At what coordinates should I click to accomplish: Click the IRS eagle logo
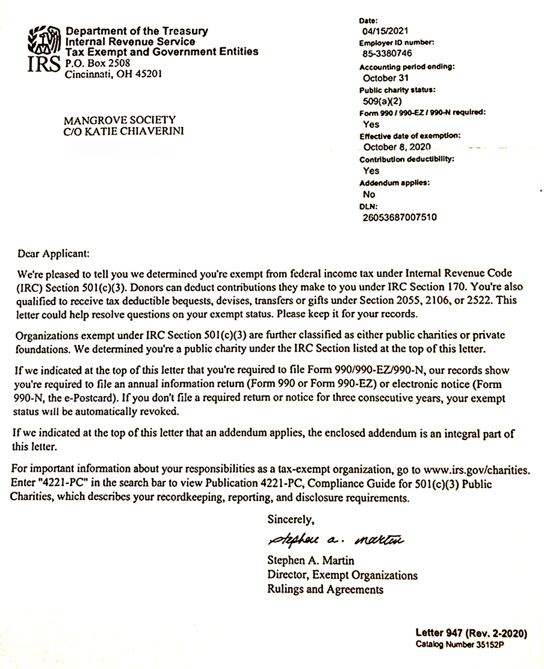pyautogui.click(x=43, y=48)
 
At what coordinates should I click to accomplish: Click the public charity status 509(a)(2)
pyautogui.click(x=380, y=101)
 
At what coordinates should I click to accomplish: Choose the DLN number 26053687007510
pyautogui.click(x=400, y=217)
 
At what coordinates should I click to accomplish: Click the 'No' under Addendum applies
pyautogui.click(x=369, y=194)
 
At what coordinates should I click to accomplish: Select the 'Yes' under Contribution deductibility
pyautogui.click(x=371, y=171)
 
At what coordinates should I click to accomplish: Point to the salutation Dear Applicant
pyautogui.click(x=54, y=254)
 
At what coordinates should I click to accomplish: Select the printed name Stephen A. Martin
pyautogui.click(x=311, y=561)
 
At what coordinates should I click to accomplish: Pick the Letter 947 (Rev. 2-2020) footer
pyautogui.click(x=471, y=633)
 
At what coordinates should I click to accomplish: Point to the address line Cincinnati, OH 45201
pyautogui.click(x=113, y=75)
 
